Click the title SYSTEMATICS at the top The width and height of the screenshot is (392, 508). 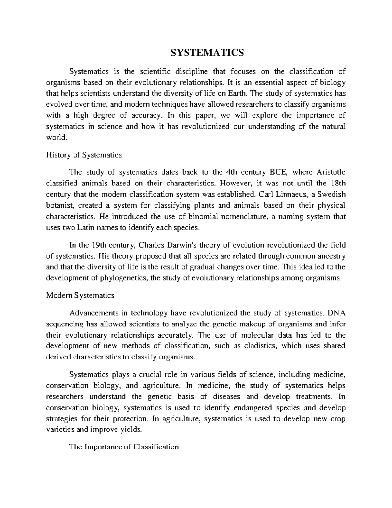point(208,52)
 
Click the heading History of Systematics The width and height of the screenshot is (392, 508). point(84,155)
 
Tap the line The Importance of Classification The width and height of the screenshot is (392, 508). point(124,447)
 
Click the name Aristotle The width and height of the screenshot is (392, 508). point(331,172)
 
